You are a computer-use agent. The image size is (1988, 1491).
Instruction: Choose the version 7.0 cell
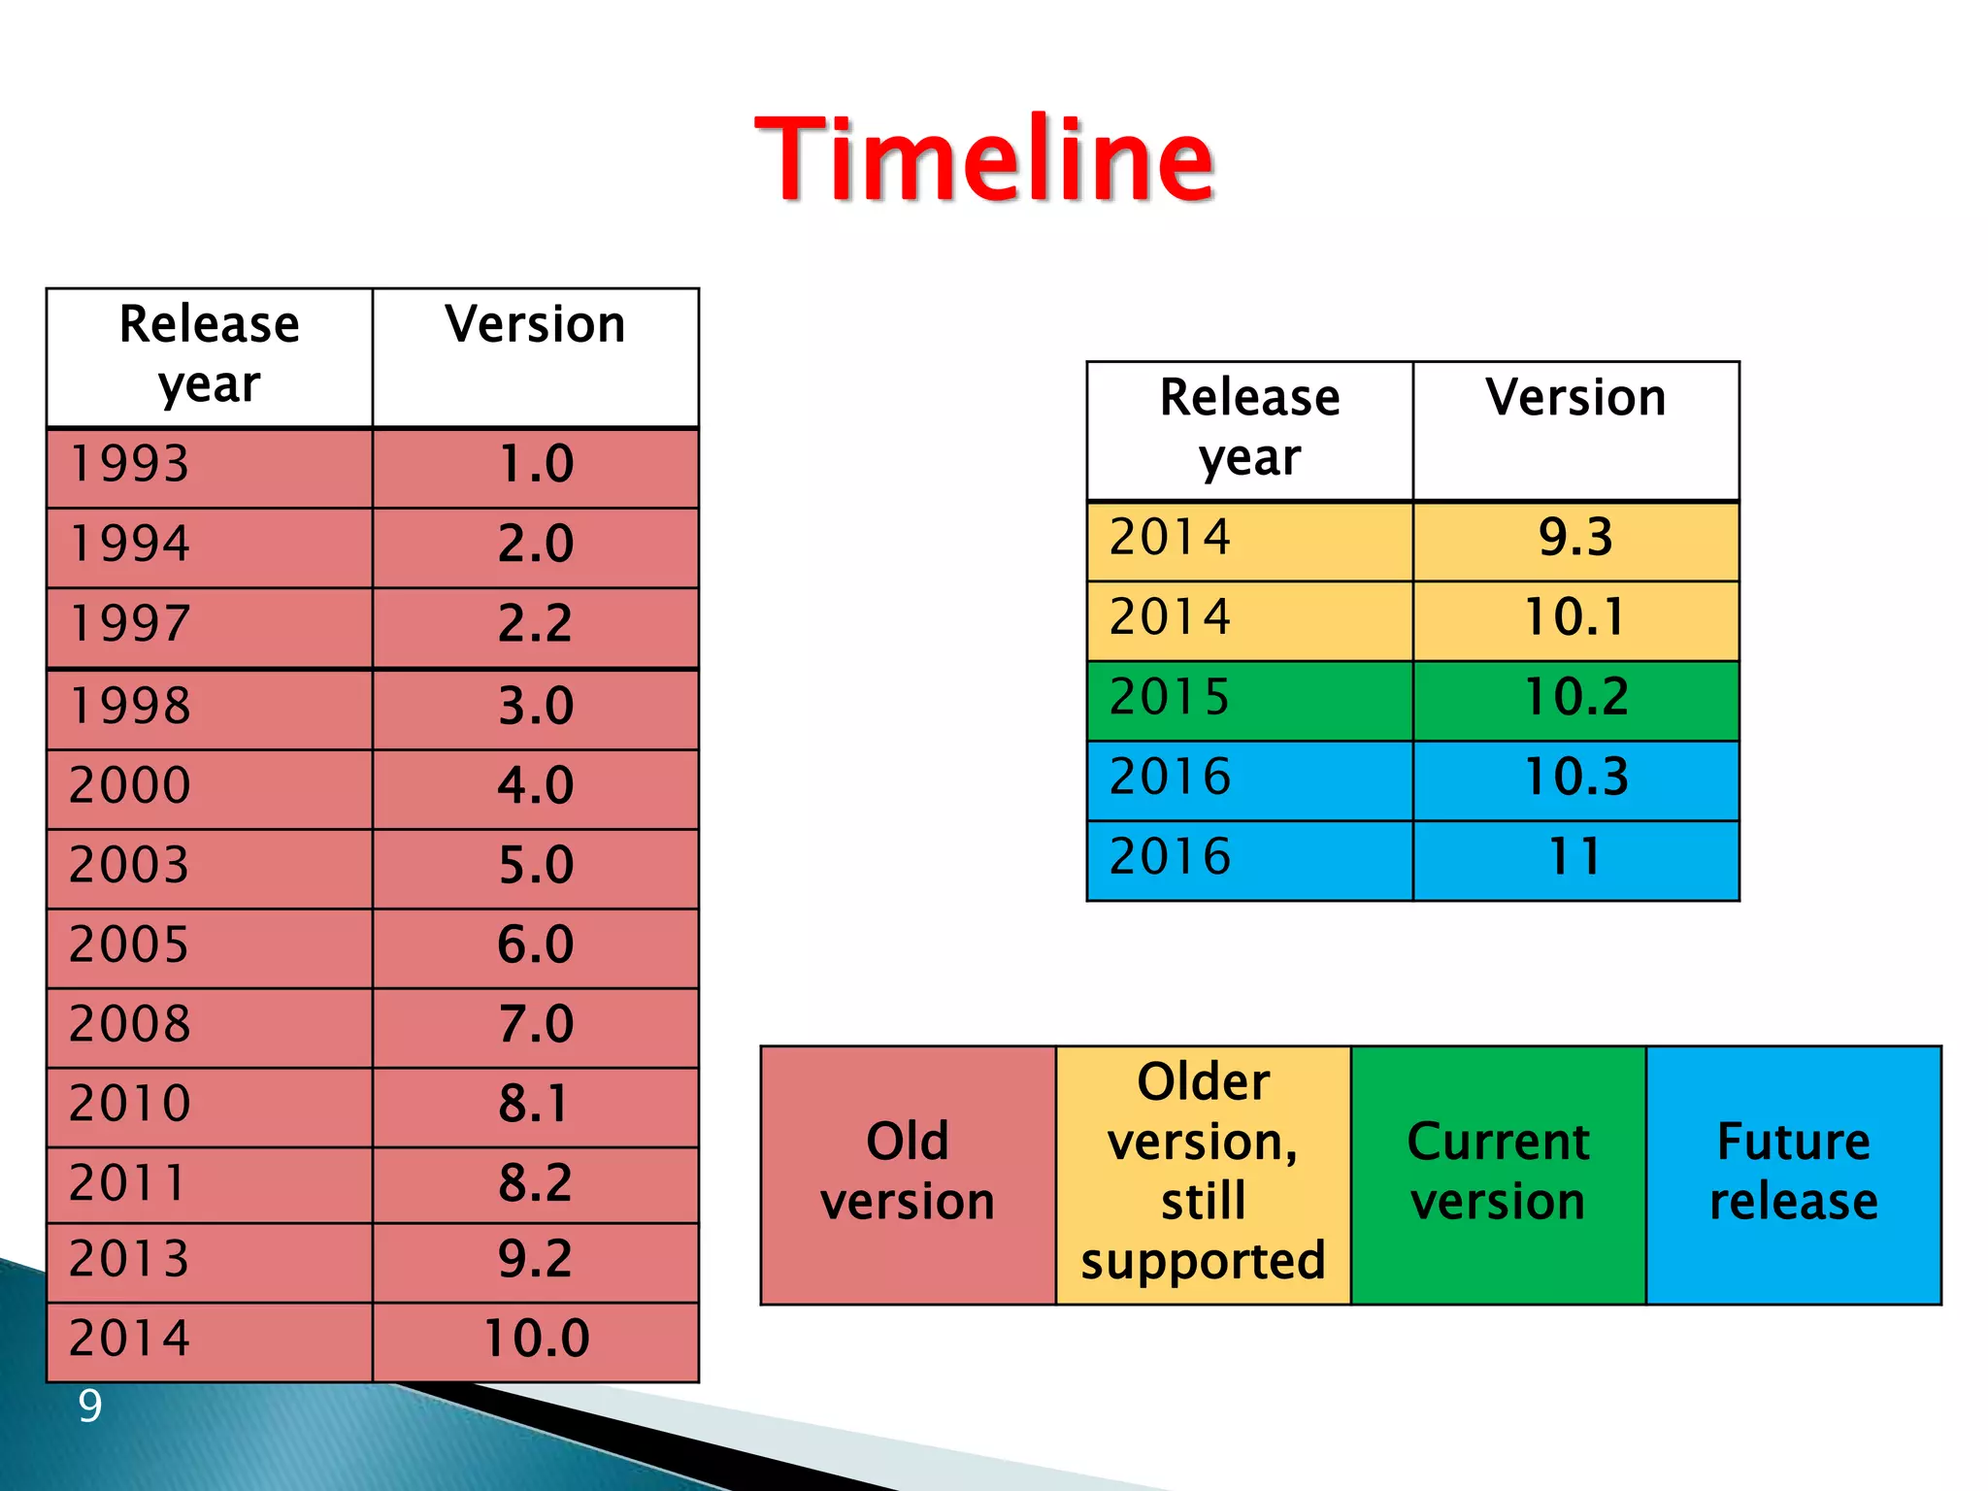click(535, 1026)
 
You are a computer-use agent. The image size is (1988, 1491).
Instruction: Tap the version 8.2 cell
click(535, 1184)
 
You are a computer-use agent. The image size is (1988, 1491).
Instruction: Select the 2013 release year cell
click(209, 1261)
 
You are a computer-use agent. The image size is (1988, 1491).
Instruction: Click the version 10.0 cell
click(535, 1341)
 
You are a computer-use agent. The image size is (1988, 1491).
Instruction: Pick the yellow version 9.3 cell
click(1575, 540)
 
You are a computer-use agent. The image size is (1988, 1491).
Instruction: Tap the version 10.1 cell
click(1575, 619)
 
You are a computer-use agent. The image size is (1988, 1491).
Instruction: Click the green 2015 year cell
click(1249, 699)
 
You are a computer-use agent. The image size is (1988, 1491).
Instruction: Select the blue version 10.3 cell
click(1575, 779)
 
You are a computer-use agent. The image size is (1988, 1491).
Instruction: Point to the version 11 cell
click(1575, 859)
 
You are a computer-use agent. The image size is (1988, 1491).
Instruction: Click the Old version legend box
click(908, 1174)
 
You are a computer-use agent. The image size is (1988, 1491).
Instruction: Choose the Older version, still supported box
click(1203, 1174)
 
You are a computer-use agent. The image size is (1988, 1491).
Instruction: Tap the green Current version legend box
click(1498, 1174)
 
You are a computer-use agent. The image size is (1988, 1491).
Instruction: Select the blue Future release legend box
click(1793, 1174)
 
